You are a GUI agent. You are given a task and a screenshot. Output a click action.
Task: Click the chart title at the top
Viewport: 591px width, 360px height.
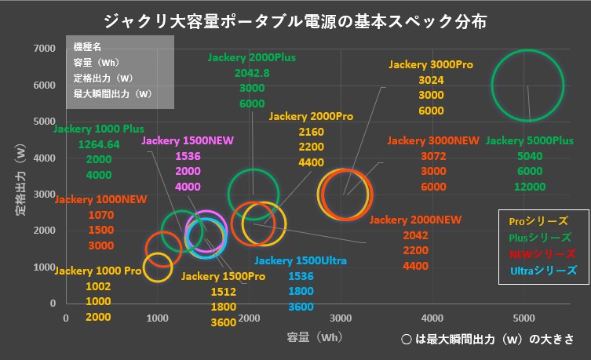coord(295,20)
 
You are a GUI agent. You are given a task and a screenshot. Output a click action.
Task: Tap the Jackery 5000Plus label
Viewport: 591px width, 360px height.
coord(529,140)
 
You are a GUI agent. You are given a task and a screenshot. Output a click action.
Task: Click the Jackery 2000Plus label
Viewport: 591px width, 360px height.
coord(252,57)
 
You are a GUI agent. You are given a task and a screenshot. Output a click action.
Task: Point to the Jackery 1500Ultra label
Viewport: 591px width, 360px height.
coord(301,260)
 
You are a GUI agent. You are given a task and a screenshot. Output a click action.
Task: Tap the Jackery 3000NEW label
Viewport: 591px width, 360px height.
coord(432,140)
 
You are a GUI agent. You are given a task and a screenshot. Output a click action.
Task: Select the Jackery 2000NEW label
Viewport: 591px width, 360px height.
coord(415,220)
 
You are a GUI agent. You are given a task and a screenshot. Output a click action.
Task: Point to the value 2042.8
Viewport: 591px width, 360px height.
coord(252,72)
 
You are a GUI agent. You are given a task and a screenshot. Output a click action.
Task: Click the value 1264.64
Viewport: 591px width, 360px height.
coord(99,144)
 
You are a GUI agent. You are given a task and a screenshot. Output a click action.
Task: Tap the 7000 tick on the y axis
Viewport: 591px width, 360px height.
coord(44,49)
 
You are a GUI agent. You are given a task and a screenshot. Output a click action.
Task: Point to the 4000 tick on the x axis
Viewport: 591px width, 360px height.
coord(432,318)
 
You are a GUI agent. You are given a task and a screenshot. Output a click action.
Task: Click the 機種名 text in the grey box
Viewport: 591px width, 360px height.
coord(88,48)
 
